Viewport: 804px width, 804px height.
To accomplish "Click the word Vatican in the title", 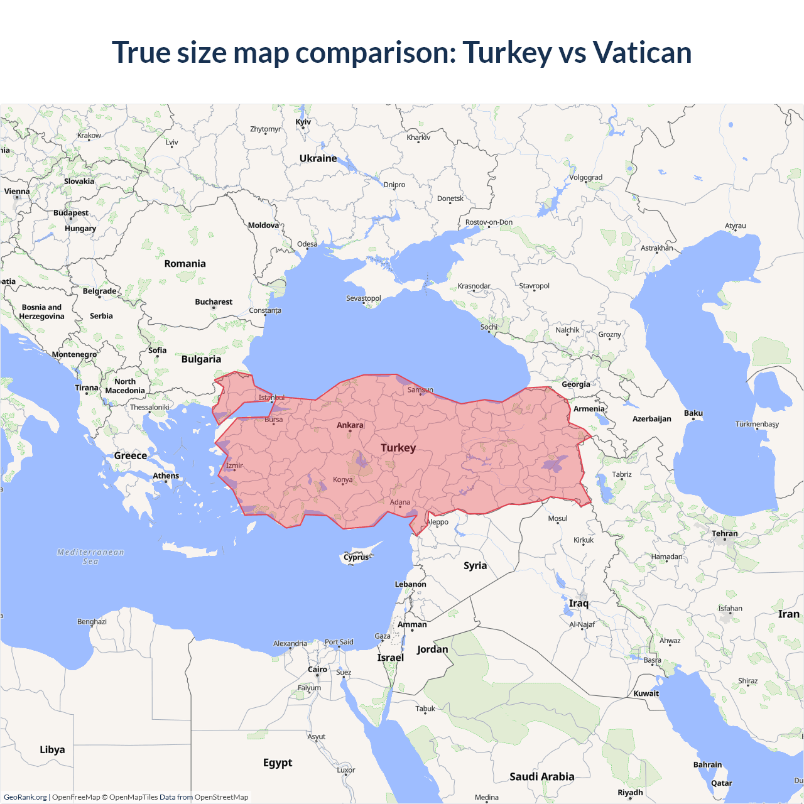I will pyautogui.click(x=642, y=52).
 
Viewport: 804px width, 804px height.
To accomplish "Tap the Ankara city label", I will pyautogui.click(x=350, y=425).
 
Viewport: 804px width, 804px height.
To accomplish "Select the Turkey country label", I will pyautogui.click(x=398, y=448).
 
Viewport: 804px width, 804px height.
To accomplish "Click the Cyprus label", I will pyautogui.click(x=356, y=557).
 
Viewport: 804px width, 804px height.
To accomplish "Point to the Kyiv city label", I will pyautogui.click(x=303, y=122).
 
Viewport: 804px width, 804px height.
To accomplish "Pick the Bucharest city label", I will pyautogui.click(x=214, y=302).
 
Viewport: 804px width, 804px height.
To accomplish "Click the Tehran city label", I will pyautogui.click(x=725, y=533).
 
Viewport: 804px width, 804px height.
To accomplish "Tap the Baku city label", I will pyautogui.click(x=693, y=413).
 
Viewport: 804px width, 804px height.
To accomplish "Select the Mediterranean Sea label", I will pyautogui.click(x=90, y=557).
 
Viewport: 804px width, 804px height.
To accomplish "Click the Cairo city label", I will pyautogui.click(x=317, y=670).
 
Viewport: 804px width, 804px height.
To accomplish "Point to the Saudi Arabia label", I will pyautogui.click(x=541, y=777).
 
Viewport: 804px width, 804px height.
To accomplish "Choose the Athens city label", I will pyautogui.click(x=166, y=475).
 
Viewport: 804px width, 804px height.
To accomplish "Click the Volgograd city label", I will pyautogui.click(x=585, y=177).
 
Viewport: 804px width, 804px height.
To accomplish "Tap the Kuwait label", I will pyautogui.click(x=646, y=693).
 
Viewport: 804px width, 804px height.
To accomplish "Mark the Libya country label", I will pyautogui.click(x=52, y=749).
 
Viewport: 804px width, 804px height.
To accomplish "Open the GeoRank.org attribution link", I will pyautogui.click(x=25, y=797).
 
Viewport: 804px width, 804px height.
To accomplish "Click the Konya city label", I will pyautogui.click(x=343, y=479).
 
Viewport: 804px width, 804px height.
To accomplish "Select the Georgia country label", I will pyautogui.click(x=576, y=384).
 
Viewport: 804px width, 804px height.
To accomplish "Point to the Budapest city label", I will pyautogui.click(x=71, y=213).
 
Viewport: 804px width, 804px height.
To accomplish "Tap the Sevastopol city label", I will pyautogui.click(x=364, y=298).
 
